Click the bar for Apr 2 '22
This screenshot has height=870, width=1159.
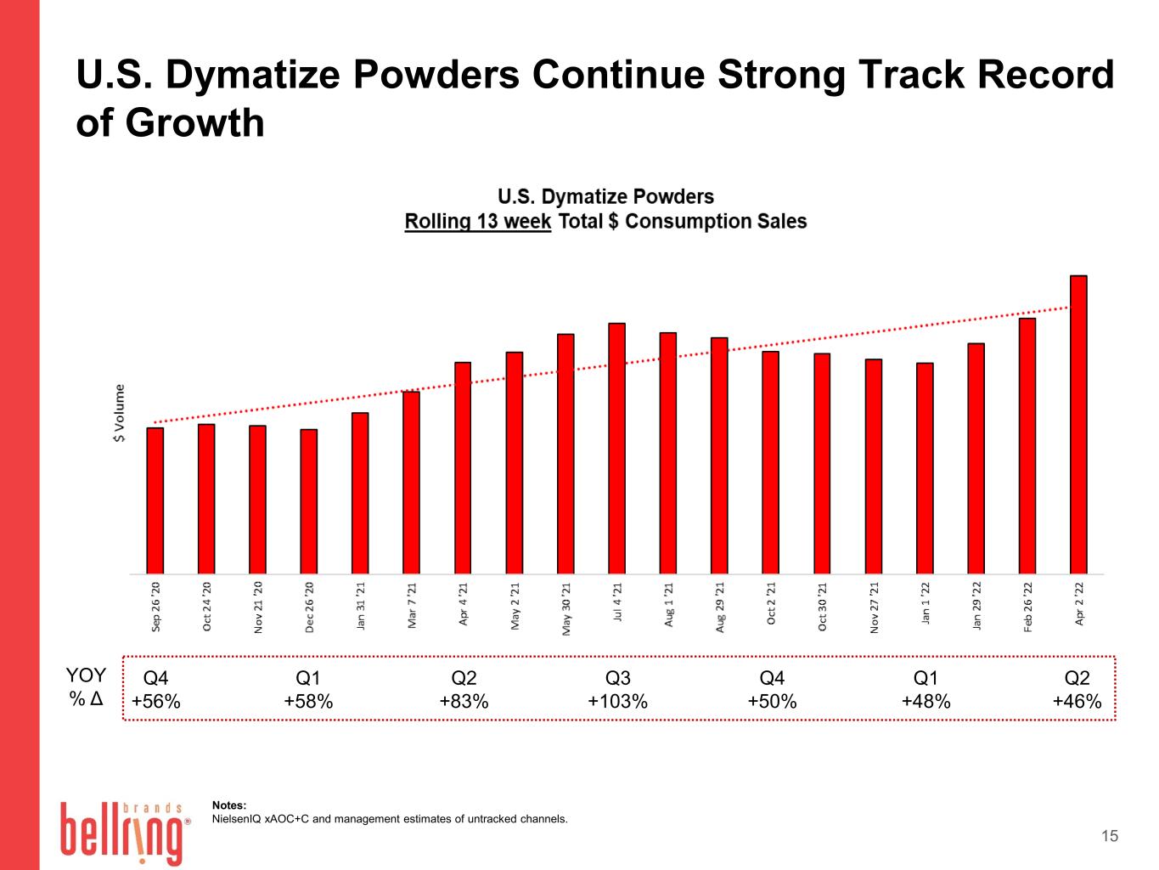pos(1077,424)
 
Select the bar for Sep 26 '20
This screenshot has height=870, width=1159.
pos(155,500)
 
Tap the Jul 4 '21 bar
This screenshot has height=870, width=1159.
pos(616,448)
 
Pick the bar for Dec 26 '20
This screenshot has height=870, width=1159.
pos(308,501)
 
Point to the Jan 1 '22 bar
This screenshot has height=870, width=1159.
pos(924,468)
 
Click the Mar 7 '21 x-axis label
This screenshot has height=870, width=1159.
pos(412,605)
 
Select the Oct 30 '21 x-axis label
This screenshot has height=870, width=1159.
pos(822,607)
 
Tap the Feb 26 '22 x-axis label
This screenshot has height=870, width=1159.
pos(1027,607)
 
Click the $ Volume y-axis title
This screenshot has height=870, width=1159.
pos(120,413)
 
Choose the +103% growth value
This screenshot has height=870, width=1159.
pos(617,701)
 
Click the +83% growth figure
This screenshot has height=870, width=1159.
pos(464,701)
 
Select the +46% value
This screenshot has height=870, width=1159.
pos(1077,701)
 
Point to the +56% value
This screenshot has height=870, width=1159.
pos(155,701)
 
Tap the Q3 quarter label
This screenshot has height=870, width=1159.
pos(617,677)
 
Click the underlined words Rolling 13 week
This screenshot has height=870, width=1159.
pos(477,222)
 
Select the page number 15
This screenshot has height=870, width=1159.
pos(1110,836)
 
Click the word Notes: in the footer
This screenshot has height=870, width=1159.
pos(229,805)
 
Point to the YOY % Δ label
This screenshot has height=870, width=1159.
pos(86,686)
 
